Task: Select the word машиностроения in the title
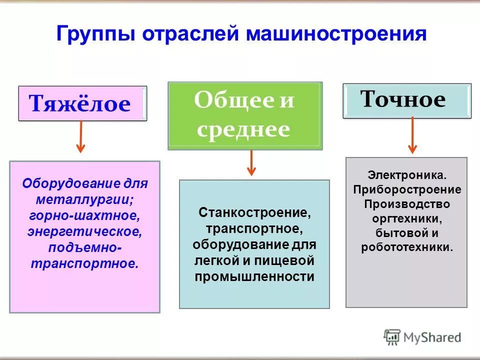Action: (x=336, y=35)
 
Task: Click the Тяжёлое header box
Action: (x=82, y=104)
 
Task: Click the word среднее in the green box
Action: (x=243, y=129)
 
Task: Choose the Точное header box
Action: (x=406, y=100)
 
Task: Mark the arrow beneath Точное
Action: (x=412, y=135)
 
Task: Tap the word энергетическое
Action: (x=84, y=232)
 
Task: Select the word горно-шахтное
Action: (x=84, y=216)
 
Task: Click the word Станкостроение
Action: (x=254, y=212)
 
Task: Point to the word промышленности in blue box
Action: (x=254, y=277)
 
